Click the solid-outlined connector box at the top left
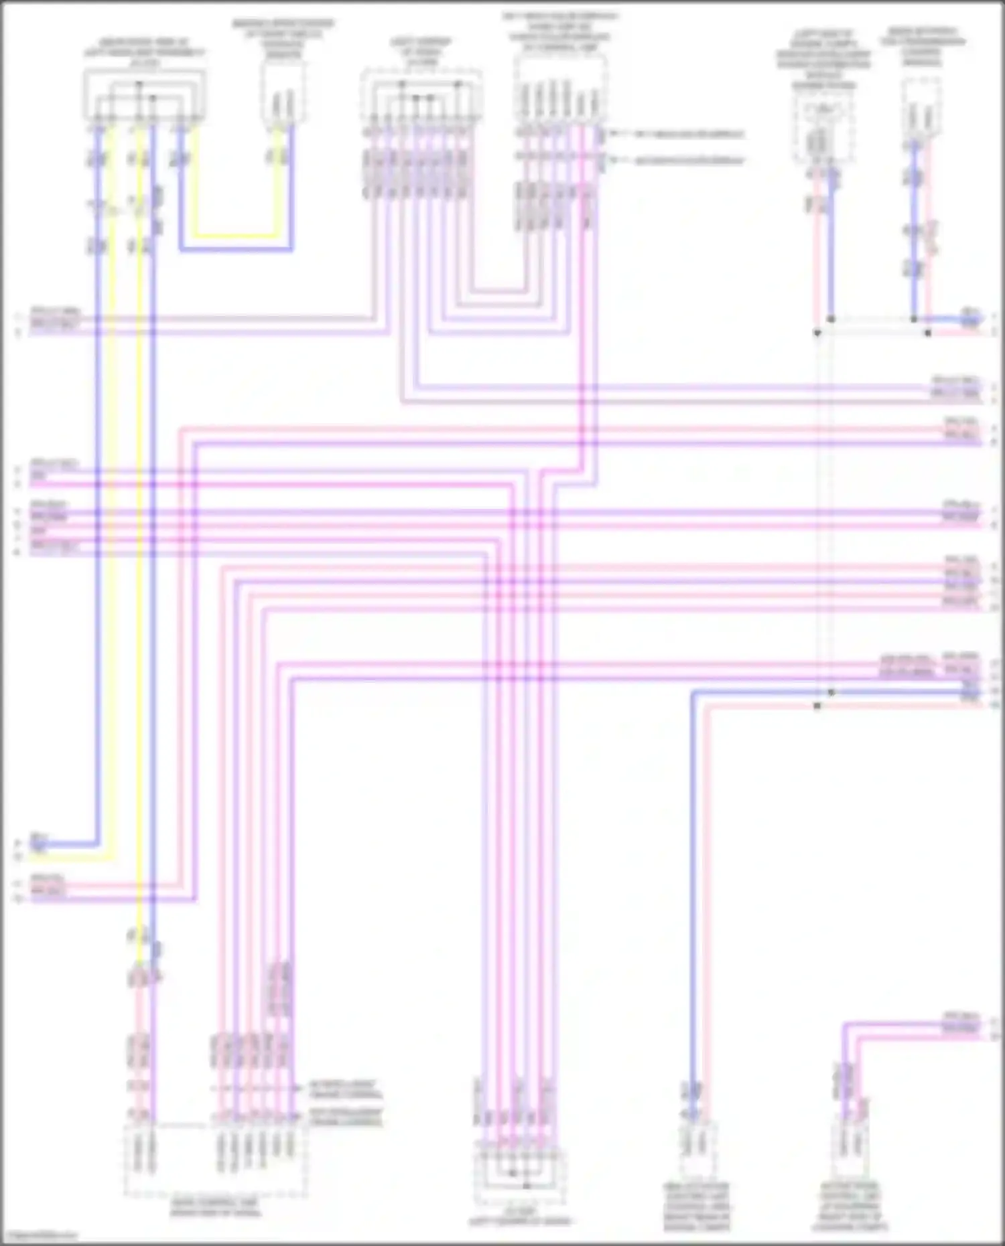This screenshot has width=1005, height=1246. click(x=144, y=97)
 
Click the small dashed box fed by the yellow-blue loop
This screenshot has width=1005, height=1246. click(x=283, y=94)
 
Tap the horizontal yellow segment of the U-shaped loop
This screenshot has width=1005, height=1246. click(x=236, y=236)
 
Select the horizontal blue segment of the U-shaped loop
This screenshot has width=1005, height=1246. click(x=236, y=250)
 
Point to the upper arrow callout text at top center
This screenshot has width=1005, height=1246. click(x=689, y=135)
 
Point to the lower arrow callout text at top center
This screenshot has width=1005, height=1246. click(x=689, y=161)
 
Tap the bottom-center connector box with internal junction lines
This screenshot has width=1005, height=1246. click(x=520, y=1175)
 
